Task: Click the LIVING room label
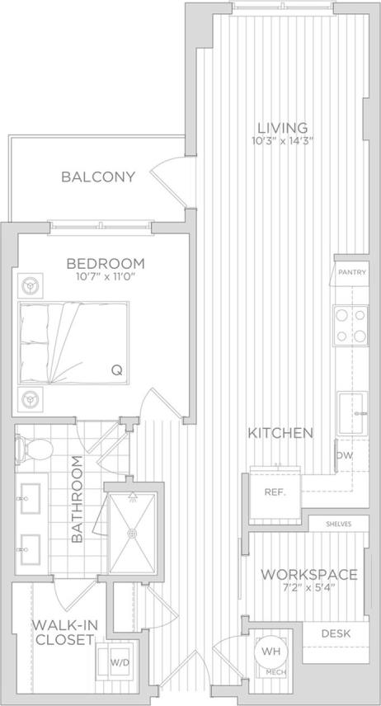[x=282, y=128]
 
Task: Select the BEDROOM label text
[x=106, y=264]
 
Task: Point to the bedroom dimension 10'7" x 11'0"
[x=106, y=278]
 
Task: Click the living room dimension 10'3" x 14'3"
[x=282, y=141]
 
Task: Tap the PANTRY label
[x=350, y=272]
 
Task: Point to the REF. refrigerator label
[x=274, y=492]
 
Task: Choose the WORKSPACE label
[x=308, y=575]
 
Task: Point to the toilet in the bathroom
[x=34, y=448]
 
